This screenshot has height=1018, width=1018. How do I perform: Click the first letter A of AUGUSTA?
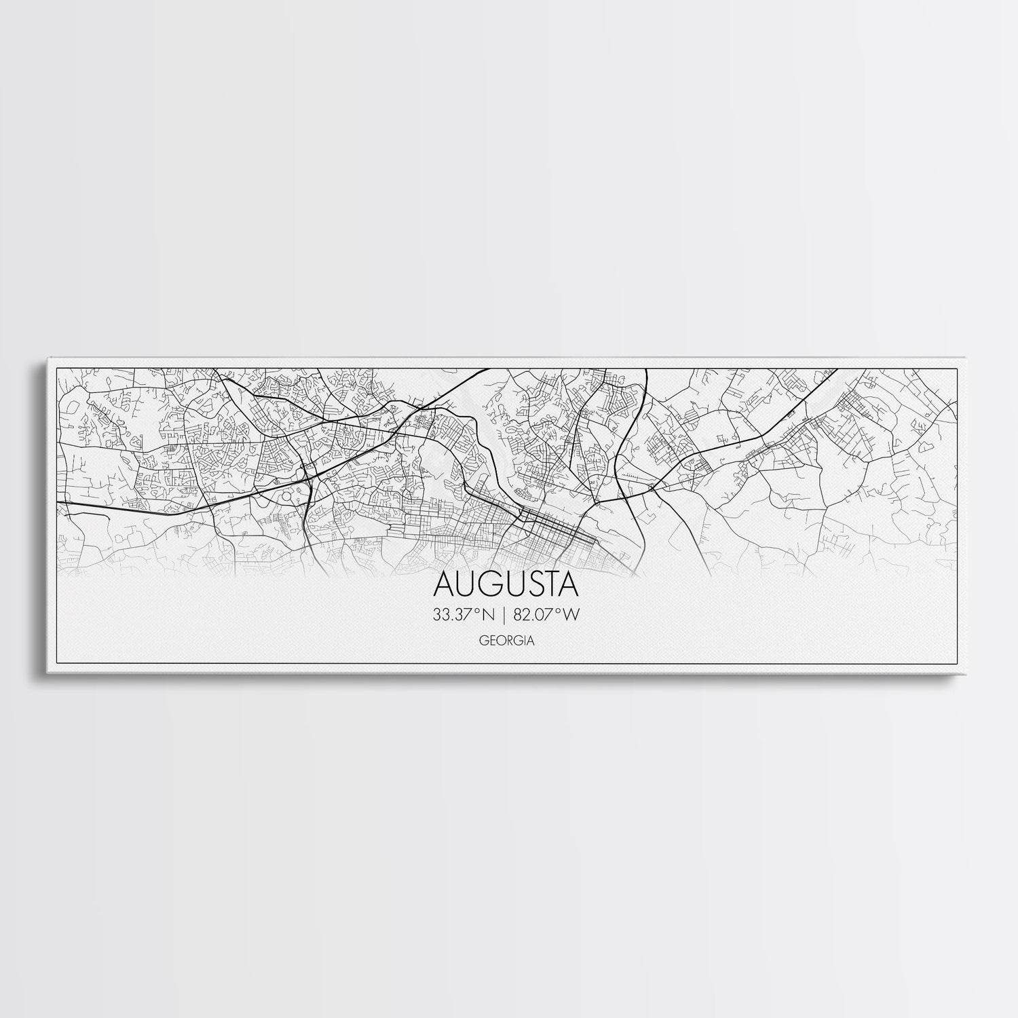(442, 585)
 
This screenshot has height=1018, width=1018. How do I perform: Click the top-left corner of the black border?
(56, 369)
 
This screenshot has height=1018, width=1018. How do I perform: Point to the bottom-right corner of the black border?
(956, 662)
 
